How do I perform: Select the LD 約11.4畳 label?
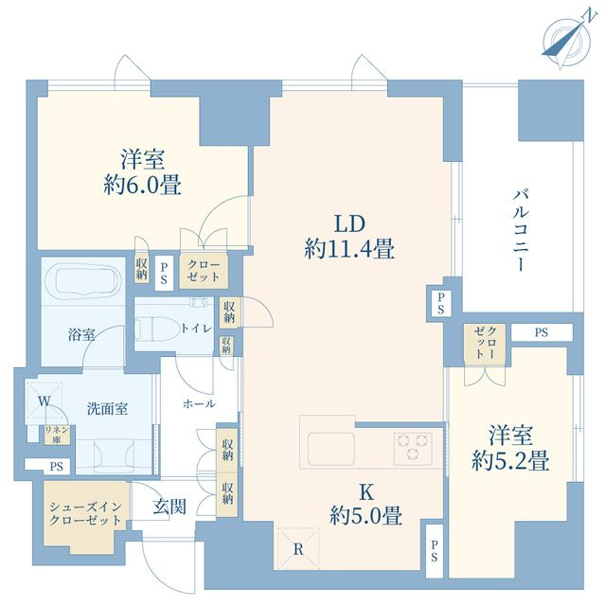click(x=349, y=238)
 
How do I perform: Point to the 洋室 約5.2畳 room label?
click(x=510, y=450)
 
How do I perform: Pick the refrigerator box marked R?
click(x=297, y=548)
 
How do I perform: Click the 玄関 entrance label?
click(x=170, y=508)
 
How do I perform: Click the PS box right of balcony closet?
click(x=541, y=332)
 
